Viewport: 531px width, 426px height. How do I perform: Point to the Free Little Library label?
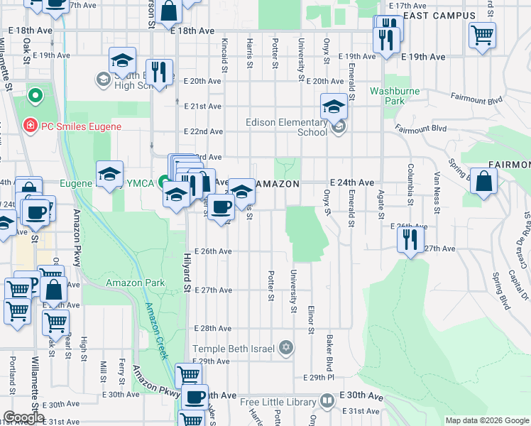277,402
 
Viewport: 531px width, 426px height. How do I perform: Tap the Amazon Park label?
135,283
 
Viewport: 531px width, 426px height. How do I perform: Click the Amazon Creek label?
158,330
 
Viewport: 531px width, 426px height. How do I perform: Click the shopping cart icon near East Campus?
482,34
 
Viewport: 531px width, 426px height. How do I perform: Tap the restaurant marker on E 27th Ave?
411,240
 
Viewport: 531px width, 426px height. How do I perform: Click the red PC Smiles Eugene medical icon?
30,126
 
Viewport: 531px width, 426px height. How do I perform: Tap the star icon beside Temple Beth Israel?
286,347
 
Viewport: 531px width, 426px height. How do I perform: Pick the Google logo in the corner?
23,417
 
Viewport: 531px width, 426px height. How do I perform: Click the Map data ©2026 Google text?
486,420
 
